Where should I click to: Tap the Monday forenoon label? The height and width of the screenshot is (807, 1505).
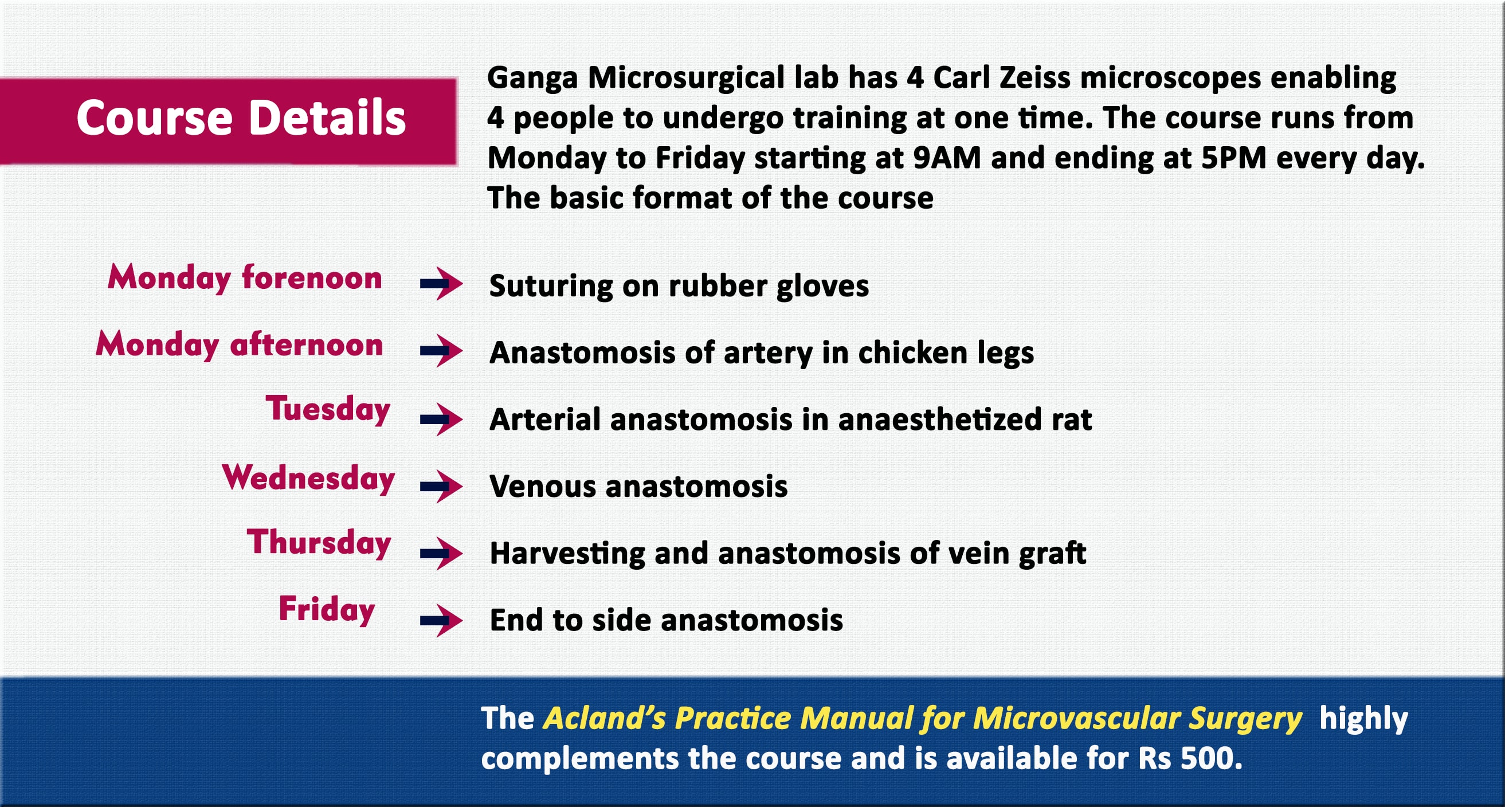tap(244, 277)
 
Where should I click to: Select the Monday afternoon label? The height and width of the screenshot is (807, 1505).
tap(239, 344)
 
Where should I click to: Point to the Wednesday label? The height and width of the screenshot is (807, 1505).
tap(308, 477)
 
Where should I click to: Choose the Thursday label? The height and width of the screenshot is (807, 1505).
tap(319, 542)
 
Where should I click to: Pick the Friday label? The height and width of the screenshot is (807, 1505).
tap(327, 609)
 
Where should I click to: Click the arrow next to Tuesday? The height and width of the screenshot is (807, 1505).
tap(441, 419)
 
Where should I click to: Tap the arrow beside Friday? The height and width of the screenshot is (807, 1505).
tap(441, 620)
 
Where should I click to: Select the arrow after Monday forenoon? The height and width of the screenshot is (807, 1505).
tap(441, 285)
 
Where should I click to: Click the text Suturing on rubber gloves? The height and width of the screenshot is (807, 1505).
tap(679, 287)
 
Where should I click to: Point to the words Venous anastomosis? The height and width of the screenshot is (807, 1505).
tap(638, 486)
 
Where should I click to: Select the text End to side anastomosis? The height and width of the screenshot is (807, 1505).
tap(666, 620)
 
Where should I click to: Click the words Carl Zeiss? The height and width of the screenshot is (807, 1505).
tap(1001, 78)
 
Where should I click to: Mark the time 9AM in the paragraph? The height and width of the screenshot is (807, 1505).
tap(946, 158)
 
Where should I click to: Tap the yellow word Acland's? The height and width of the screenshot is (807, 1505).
tap(603, 718)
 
